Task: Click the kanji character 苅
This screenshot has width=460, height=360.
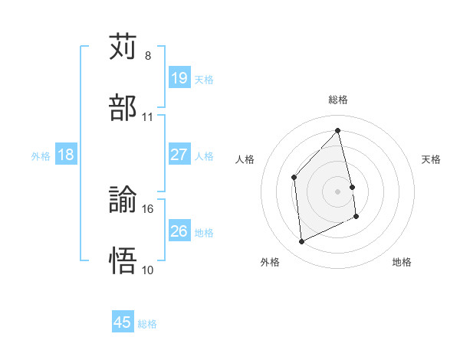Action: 123,47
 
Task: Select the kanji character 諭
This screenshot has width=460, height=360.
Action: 123,201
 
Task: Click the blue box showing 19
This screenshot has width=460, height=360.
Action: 179,78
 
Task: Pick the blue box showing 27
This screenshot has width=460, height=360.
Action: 179,155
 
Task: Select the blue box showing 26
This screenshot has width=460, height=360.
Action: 179,231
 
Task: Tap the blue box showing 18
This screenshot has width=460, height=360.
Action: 65,155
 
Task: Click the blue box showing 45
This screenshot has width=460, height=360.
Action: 123,322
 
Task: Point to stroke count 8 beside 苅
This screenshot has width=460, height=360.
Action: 148,56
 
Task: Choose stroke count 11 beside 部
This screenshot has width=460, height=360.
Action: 148,116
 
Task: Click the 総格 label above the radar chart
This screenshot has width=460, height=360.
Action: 337,100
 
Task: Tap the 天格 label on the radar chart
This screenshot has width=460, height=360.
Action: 431,159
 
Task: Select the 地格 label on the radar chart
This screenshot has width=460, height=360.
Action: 402,262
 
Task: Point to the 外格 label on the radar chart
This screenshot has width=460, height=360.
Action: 270,262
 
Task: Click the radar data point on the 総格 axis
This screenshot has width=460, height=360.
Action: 337,131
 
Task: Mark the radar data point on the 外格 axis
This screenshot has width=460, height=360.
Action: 301,242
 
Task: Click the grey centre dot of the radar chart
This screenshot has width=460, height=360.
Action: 337,191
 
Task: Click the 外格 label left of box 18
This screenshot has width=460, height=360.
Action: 41,155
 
